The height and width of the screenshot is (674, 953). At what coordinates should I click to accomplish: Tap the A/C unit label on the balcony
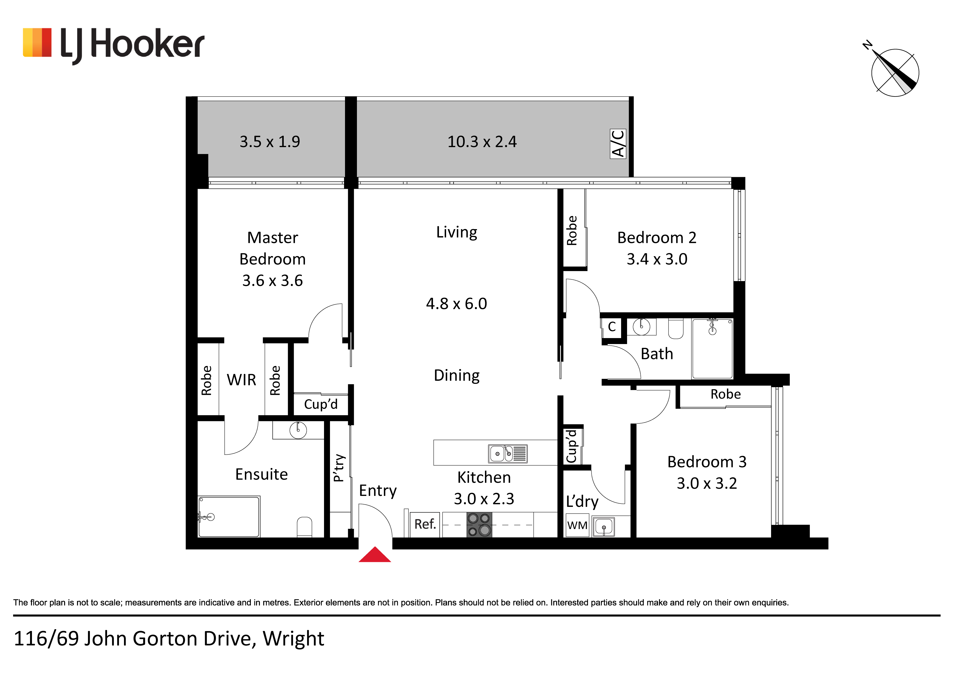(x=618, y=144)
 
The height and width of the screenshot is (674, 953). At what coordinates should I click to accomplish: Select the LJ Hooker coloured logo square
(x=37, y=42)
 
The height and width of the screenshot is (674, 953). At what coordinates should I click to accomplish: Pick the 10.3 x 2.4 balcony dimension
(x=482, y=142)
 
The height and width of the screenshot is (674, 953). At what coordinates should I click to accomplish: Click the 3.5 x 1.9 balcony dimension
(x=270, y=142)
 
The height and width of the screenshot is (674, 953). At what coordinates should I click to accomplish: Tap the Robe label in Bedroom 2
(x=572, y=231)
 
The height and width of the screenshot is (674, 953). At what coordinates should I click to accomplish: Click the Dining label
(x=457, y=376)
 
